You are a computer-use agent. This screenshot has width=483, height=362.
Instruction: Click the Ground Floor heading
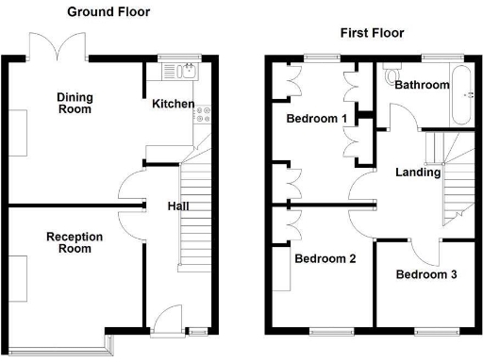pos(108,12)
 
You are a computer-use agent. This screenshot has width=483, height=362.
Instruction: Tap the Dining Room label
pos(74,103)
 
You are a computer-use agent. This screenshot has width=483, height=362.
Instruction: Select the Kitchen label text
pos(174,104)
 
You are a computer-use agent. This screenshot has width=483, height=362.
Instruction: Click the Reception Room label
pos(74,242)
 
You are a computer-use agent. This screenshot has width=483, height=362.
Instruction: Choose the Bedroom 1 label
pos(317,119)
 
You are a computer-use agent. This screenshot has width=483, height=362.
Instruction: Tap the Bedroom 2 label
pos(325,258)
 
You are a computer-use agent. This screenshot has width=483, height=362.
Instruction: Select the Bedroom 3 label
pos(426,275)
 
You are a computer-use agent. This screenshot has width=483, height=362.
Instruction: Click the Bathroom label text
pos(422,85)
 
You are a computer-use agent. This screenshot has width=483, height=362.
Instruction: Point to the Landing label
pos(418,173)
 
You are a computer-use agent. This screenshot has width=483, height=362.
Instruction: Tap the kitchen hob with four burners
pos(203,116)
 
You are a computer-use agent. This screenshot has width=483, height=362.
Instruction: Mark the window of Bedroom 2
pos(326,330)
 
